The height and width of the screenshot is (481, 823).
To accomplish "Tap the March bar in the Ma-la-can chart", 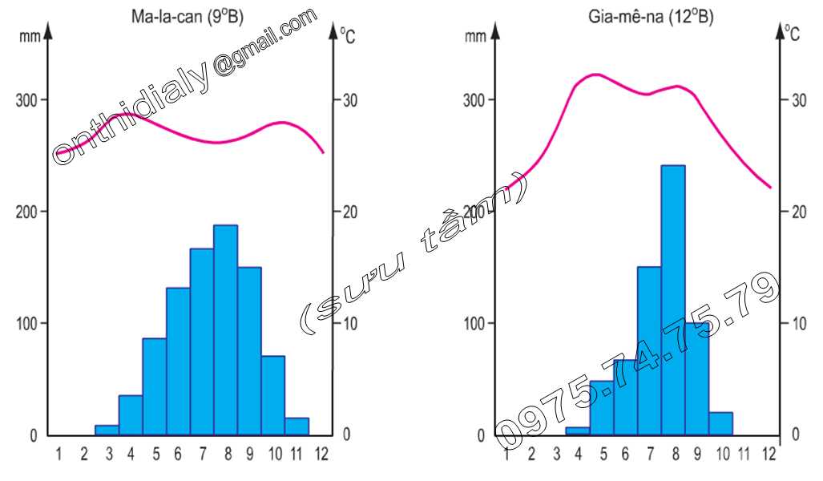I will [107, 430].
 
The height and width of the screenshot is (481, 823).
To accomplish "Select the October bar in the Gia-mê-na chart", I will [720, 423].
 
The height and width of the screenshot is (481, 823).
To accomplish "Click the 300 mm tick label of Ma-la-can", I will [28, 100].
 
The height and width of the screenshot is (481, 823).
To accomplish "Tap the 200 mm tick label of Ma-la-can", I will [28, 212].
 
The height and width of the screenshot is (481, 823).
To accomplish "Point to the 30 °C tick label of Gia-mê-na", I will [795, 100].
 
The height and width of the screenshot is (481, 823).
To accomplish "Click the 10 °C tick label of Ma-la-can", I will [347, 323].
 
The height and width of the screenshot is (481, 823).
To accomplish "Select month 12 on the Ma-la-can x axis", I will [322, 454].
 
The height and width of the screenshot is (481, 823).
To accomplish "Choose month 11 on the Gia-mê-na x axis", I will [745, 454].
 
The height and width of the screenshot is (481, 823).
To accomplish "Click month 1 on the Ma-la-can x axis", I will [58, 454].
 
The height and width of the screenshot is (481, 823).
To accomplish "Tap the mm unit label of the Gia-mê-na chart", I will [475, 35].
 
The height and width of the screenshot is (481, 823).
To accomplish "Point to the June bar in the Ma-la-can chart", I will [178, 361].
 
